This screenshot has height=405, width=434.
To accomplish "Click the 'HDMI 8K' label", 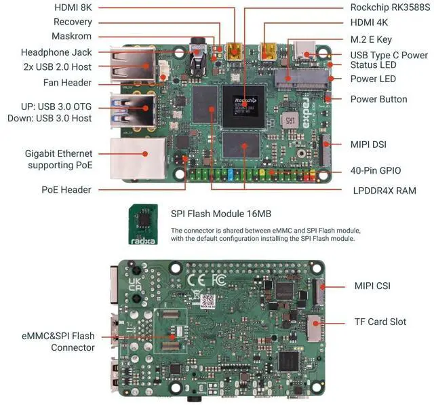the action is click(x=75, y=7).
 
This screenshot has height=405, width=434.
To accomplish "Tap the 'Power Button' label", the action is click(x=378, y=99).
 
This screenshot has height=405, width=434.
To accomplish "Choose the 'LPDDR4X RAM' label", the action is click(x=384, y=191).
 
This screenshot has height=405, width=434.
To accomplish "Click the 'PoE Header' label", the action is click(x=66, y=190).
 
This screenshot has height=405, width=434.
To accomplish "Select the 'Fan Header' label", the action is click(x=68, y=83).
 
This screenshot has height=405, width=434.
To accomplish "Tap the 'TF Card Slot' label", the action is click(x=380, y=322).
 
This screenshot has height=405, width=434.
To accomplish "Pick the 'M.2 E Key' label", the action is click(x=371, y=39).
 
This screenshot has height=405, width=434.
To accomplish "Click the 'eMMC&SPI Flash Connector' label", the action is click(x=58, y=341).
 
